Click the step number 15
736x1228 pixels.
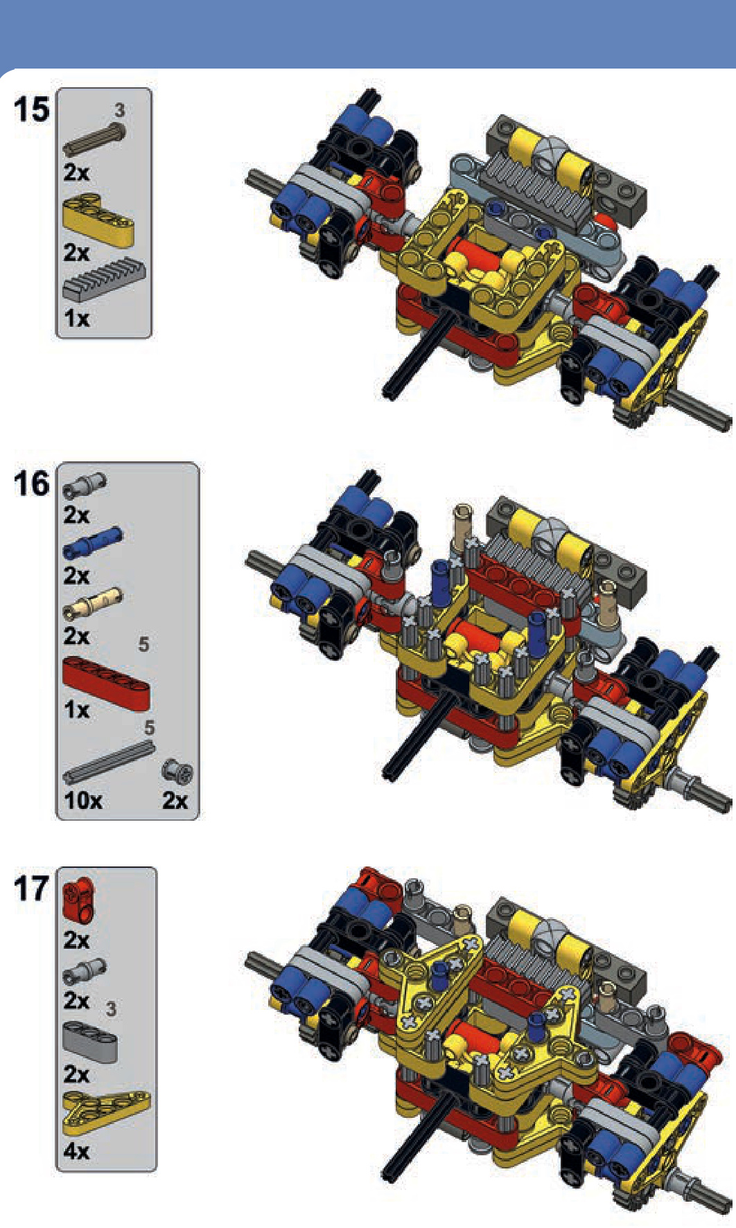pyautogui.click(x=32, y=110)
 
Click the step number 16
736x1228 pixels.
pyautogui.click(x=32, y=483)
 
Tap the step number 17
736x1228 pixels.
pyautogui.click(x=32, y=889)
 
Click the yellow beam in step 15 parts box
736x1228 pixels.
pyautogui.click(x=98, y=220)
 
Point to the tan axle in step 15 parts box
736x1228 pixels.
pyautogui.click(x=95, y=140)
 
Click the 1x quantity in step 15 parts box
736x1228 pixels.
pyautogui.click(x=77, y=318)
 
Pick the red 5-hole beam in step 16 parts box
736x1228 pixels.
pyautogui.click(x=106, y=683)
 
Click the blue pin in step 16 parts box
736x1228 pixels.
pyautogui.click(x=92, y=542)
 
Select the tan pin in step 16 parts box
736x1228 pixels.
pyautogui.click(x=92, y=603)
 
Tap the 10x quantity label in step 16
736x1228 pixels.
pyautogui.click(x=83, y=800)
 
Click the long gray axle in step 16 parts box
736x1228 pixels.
pyautogui.click(x=108, y=763)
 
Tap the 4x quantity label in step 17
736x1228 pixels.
pyautogui.click(x=77, y=1150)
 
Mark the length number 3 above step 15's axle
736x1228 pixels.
pyautogui.click(x=120, y=109)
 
